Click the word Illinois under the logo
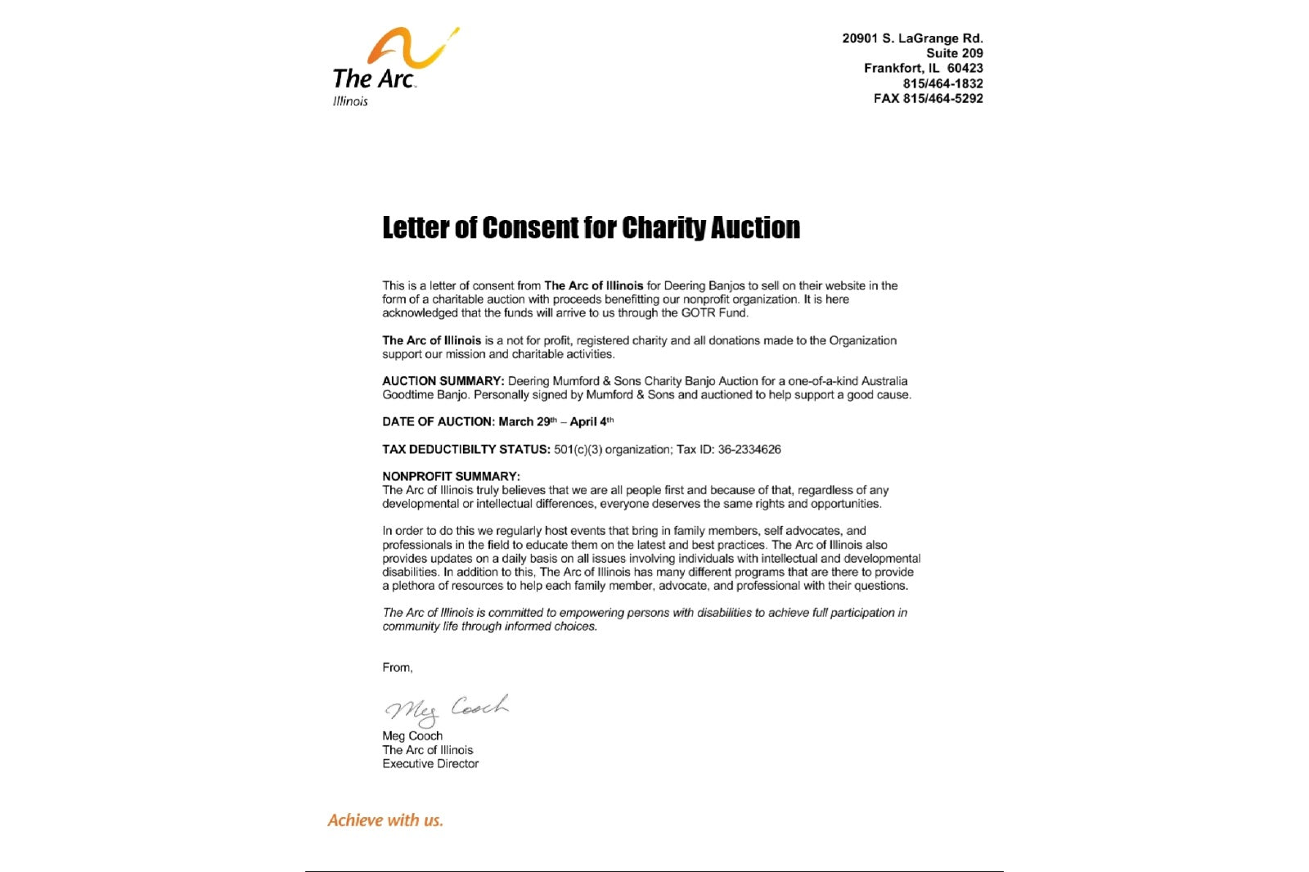click(350, 101)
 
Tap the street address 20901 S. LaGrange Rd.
click(912, 38)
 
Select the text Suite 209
click(954, 53)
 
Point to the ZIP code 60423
click(965, 69)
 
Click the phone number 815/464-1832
click(942, 83)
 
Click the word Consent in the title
click(530, 227)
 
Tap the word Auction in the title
click(754, 227)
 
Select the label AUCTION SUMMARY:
click(443, 381)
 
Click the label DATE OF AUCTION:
click(438, 422)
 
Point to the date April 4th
click(591, 422)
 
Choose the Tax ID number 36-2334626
click(749, 450)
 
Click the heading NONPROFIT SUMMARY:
click(451, 476)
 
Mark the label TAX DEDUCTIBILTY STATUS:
click(466, 450)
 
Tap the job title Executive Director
click(430, 764)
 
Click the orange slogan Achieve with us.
click(385, 820)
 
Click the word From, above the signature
click(398, 667)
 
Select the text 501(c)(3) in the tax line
click(578, 450)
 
